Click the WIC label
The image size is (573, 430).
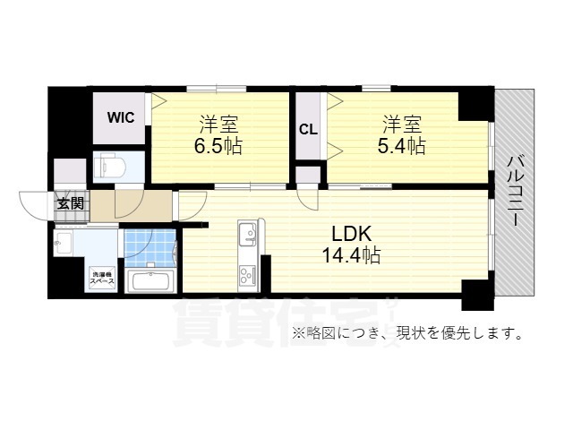[x=122, y=117]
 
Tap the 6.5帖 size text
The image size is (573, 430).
[x=218, y=146]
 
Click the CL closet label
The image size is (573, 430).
[x=308, y=128]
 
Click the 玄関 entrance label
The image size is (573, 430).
[x=71, y=203]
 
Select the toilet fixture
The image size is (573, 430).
[x=109, y=168]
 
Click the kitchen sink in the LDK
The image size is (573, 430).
[x=248, y=236]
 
